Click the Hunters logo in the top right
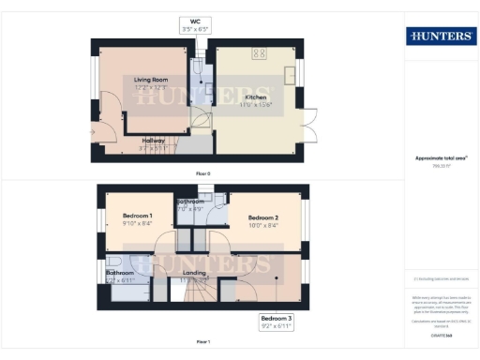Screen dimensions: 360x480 441,37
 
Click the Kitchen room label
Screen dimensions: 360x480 256,97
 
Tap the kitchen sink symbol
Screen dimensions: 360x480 292,74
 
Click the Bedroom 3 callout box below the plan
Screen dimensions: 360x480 277,322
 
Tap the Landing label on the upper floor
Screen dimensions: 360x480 194,273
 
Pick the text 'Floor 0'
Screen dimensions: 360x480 202,174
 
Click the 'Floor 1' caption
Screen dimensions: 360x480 202,343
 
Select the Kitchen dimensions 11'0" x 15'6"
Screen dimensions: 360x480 257,104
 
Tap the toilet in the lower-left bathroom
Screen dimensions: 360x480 113,263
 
